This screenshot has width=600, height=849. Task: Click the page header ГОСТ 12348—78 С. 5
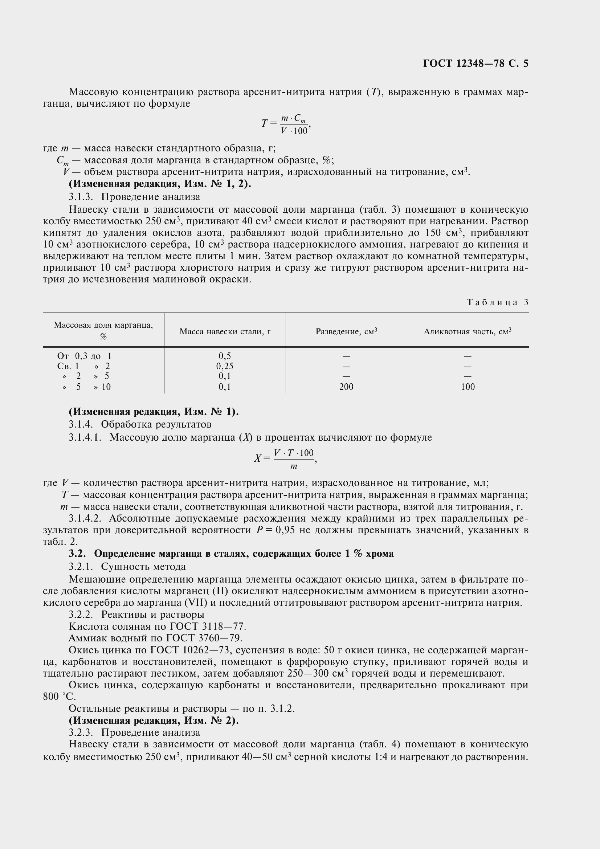(x=475, y=64)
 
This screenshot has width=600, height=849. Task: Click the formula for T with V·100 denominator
(x=286, y=124)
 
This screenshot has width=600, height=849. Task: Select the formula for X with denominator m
(x=285, y=459)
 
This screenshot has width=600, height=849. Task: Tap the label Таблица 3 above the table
(x=498, y=302)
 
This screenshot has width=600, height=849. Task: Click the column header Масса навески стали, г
(x=225, y=332)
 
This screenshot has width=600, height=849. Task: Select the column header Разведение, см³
(x=346, y=332)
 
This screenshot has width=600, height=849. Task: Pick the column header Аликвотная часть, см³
(x=467, y=332)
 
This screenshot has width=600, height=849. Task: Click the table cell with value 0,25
(x=224, y=366)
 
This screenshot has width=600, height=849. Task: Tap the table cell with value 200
(x=346, y=387)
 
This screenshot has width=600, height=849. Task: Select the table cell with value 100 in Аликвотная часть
(x=468, y=387)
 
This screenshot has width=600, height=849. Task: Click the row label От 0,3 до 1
(x=84, y=356)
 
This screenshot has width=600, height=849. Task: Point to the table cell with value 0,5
(x=224, y=356)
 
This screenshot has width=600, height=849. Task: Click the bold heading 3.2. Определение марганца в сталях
(x=231, y=554)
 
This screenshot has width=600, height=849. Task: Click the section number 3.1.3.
(x=81, y=197)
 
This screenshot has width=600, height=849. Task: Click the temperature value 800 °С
(x=59, y=697)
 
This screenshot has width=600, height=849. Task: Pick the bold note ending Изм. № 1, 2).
(x=160, y=184)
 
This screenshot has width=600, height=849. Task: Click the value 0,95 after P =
(x=285, y=530)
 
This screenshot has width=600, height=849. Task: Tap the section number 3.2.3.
(x=81, y=732)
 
